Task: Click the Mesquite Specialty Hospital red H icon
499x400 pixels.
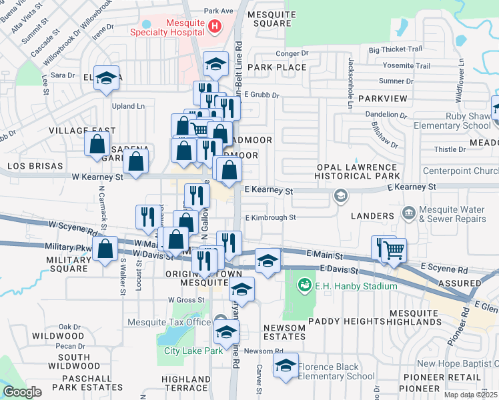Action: (x=214, y=27)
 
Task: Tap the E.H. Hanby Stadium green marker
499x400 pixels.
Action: (x=305, y=286)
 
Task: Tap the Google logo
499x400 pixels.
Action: (x=22, y=392)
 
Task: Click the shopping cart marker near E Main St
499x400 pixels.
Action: (x=394, y=251)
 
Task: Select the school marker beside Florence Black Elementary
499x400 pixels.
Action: (x=286, y=365)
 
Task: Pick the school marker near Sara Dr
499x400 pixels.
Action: (x=106, y=78)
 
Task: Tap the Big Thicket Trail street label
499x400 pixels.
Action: (x=395, y=49)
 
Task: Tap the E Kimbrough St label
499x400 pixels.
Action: (x=270, y=217)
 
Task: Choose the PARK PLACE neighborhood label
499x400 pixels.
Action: (x=277, y=67)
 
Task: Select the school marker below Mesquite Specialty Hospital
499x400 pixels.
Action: (x=215, y=63)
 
